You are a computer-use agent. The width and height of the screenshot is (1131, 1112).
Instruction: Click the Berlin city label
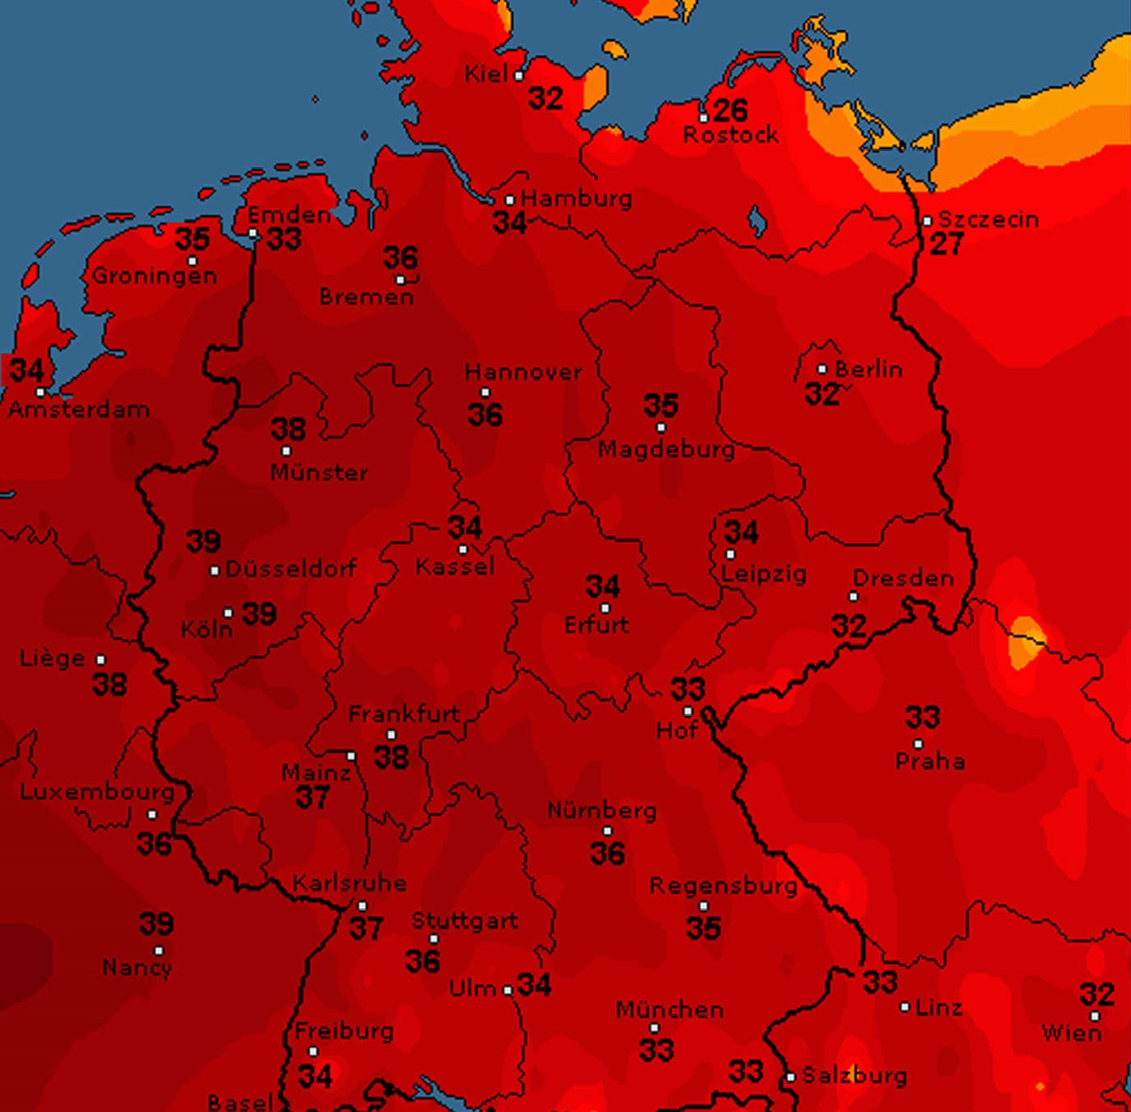(868, 370)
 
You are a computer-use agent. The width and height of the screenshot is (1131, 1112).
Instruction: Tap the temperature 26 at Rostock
(731, 110)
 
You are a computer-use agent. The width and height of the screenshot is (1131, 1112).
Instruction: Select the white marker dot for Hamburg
(510, 200)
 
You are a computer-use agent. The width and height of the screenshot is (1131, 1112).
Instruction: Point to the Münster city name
(319, 473)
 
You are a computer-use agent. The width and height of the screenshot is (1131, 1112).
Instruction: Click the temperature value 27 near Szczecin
(946, 244)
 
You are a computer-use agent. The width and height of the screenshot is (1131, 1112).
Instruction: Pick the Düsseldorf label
(291, 568)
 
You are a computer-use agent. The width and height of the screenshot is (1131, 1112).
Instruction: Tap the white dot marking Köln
(228, 614)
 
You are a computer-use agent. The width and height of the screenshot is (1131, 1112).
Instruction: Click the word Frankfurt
(404, 714)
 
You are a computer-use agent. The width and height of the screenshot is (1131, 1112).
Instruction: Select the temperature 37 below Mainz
(312, 797)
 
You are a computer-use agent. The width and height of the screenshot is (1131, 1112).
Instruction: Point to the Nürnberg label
(602, 811)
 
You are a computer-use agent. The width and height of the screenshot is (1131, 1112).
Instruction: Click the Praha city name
(930, 760)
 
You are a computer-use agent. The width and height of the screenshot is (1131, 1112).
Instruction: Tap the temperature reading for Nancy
(156, 923)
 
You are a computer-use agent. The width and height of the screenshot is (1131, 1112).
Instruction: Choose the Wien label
(1071, 1033)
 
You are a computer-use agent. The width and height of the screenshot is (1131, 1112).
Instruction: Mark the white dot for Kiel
(519, 76)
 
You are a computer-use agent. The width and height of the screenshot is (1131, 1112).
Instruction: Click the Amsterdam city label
(79, 409)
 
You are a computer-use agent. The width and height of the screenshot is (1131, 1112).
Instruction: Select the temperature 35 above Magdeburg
(661, 405)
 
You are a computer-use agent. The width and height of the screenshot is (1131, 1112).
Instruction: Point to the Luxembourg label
(97, 792)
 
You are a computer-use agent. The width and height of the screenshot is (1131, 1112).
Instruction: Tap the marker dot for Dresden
(853, 597)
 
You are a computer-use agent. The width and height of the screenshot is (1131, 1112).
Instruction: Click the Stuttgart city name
(465, 921)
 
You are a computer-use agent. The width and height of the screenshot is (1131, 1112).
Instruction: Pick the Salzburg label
(854, 1076)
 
